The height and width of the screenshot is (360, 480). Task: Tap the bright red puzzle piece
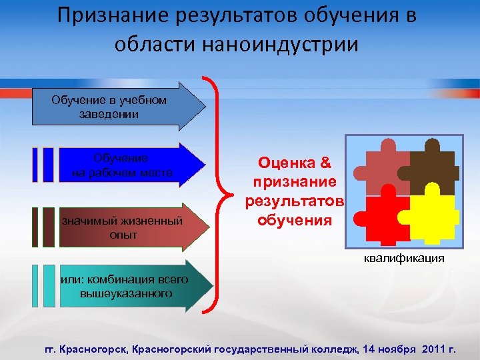(380, 217)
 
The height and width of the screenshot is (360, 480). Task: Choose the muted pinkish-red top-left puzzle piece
(380, 170)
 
